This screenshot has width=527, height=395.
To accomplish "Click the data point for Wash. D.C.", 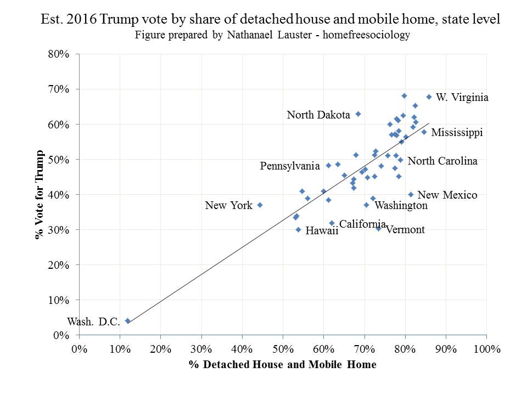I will coord(127,321).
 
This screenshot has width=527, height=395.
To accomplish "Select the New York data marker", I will coord(260,205).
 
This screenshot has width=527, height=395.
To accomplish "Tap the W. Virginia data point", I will coord(429,97).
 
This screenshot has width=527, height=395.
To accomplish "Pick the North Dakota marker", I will coord(358,114).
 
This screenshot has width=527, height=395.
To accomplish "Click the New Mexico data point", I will coord(411,194).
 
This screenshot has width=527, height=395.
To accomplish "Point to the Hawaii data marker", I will coord(298,229).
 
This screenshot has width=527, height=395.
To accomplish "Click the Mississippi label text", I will coord(457,133).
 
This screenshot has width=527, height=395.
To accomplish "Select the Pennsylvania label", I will coord(290,165).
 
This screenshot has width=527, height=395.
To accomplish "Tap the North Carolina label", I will coord(442,161).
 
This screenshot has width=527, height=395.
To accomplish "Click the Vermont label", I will coord(405,229).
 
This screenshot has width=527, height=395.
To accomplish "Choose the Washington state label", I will coord(401,205).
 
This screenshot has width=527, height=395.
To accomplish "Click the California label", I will coord(362,223).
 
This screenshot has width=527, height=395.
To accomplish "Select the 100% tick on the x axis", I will coord(486,349).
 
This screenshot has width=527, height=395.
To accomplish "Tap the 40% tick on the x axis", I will coord(242,349).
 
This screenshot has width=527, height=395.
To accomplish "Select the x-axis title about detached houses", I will coord(283,365).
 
